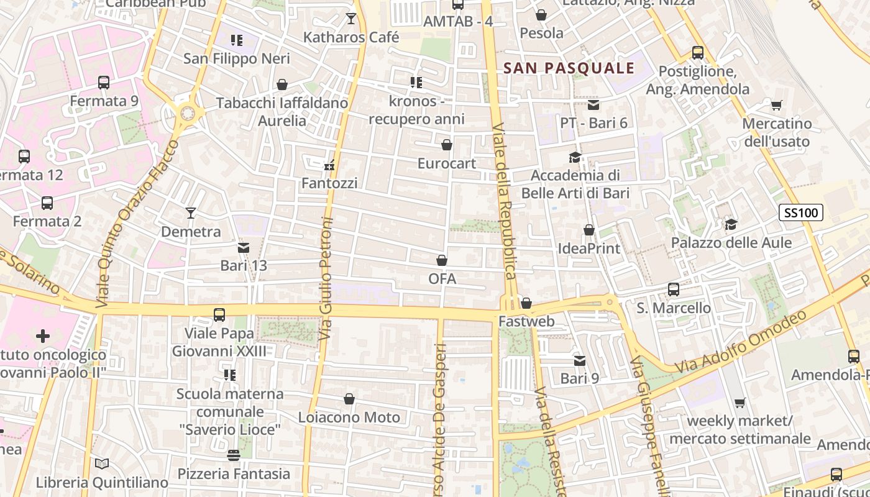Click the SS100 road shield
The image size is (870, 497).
click(800, 213)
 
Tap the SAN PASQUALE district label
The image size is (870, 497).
click(569, 68)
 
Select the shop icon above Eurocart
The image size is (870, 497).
click(446, 145)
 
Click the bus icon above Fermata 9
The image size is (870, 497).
click(104, 82)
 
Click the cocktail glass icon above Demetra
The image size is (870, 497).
click(191, 213)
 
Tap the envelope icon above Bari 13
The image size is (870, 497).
click(244, 248)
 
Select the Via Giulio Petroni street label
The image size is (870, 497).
click(326, 278)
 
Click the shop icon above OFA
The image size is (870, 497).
click(442, 260)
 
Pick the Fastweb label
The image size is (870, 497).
click(526, 322)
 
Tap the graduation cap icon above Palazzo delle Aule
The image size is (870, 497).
click(731, 224)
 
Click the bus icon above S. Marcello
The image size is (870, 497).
click(674, 290)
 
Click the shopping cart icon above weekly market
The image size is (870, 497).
click(739, 403)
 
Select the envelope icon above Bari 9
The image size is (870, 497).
click(579, 360)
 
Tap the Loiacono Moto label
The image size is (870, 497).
click(349, 417)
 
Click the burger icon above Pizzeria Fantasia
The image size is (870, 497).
click(234, 455)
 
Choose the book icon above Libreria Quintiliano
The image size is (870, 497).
click(102, 463)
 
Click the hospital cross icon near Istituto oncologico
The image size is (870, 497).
click(43, 336)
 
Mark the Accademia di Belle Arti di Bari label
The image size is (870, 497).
click(575, 184)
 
